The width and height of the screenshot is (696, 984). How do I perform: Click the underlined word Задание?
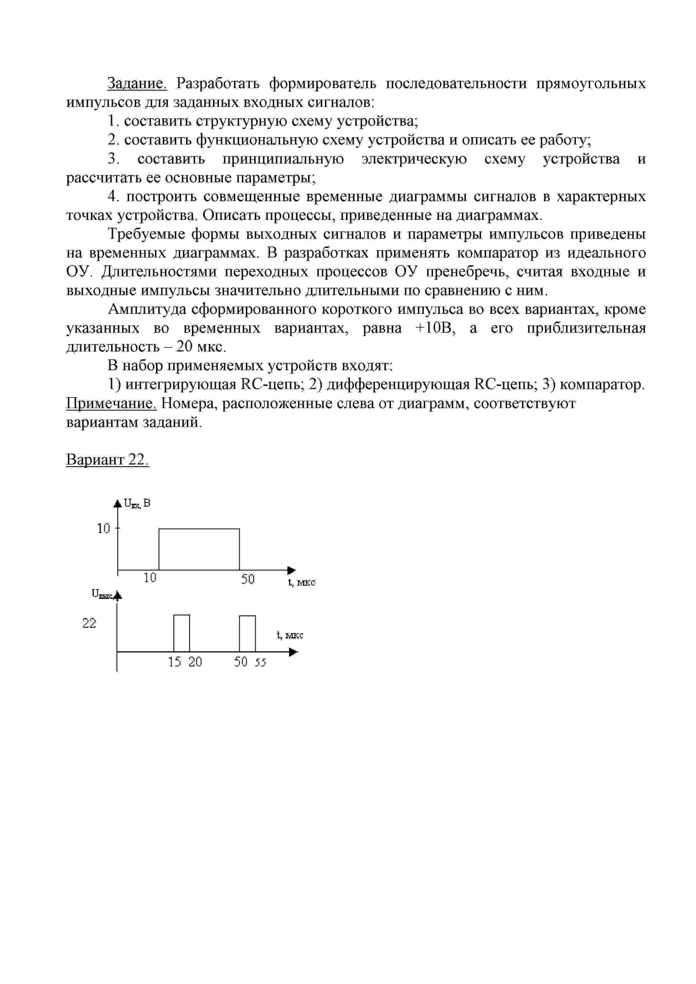click(x=137, y=83)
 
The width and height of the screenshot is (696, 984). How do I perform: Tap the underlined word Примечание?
click(x=111, y=403)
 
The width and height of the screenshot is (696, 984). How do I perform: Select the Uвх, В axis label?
click(x=137, y=504)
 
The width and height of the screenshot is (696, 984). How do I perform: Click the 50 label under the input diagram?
click(x=248, y=580)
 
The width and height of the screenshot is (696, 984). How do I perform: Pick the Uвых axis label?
click(x=102, y=594)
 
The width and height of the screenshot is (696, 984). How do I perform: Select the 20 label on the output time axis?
click(x=195, y=662)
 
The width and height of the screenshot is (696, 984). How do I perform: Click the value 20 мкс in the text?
click(x=201, y=347)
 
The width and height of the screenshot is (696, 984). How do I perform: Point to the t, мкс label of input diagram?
click(x=301, y=582)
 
